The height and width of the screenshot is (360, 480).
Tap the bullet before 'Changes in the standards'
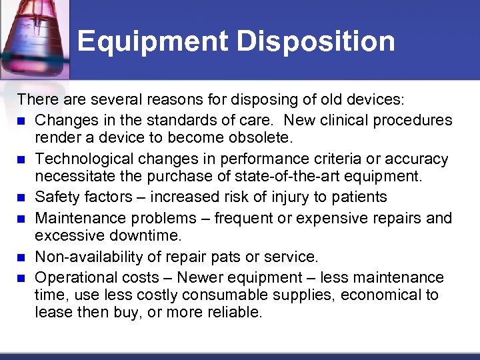pyautogui.click(x=22, y=121)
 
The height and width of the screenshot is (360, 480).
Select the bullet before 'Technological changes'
pyautogui.click(x=22, y=160)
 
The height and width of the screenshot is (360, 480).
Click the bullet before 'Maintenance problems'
pyautogui.click(x=22, y=219)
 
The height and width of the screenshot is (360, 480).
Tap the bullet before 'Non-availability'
pyautogui.click(x=22, y=257)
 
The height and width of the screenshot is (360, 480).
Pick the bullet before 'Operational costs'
pyautogui.click(x=22, y=277)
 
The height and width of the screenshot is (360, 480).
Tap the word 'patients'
pyautogui.click(x=358, y=198)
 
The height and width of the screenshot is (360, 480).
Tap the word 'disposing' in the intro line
pyautogui.click(x=261, y=101)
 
